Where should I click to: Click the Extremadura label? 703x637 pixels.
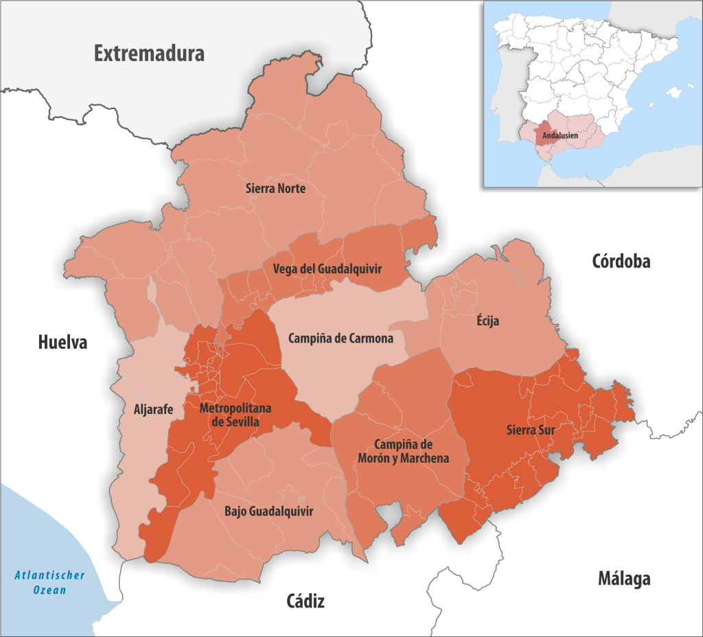click(149, 54)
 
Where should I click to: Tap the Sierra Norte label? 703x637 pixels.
click(275, 188)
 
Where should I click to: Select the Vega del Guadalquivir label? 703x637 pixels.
click(327, 268)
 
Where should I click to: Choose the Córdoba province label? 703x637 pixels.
click(621, 261)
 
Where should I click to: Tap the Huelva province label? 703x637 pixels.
click(62, 342)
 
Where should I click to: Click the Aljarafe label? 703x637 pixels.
click(153, 410)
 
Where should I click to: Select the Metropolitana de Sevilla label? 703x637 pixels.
click(235, 415)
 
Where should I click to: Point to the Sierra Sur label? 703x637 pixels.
click(530, 430)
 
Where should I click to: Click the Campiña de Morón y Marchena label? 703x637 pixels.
click(403, 450)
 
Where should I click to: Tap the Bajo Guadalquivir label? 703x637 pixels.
click(269, 511)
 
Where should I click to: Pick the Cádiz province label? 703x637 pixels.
click(305, 602)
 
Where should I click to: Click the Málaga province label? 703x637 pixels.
click(623, 579)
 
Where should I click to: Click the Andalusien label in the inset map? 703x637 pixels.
click(560, 136)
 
